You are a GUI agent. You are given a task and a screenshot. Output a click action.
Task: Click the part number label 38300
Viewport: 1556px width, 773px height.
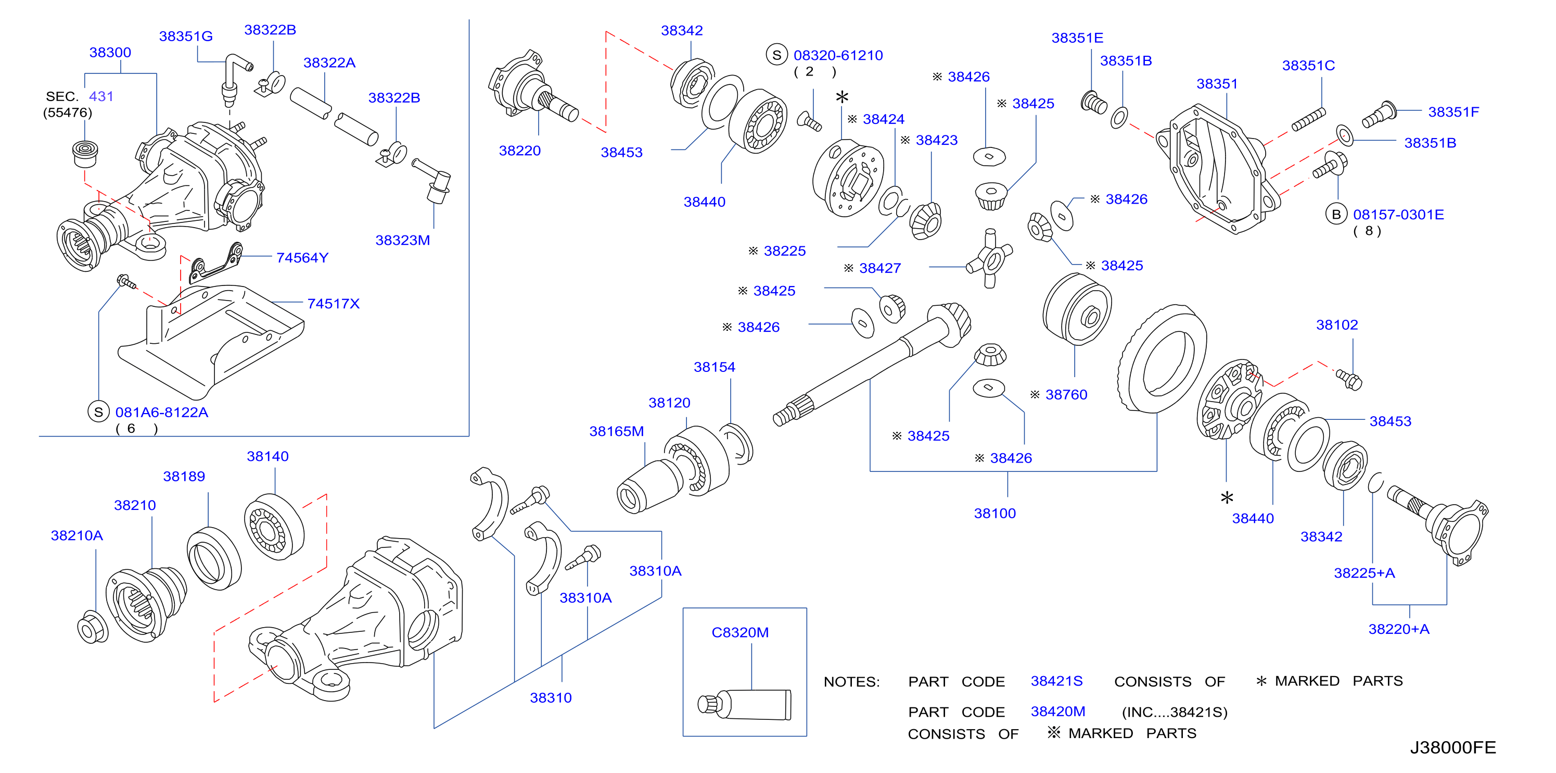click(x=110, y=53)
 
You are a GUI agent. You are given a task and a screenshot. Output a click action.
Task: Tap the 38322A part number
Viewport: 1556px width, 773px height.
click(x=329, y=63)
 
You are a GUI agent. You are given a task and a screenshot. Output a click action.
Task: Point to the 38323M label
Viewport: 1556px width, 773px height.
click(x=402, y=241)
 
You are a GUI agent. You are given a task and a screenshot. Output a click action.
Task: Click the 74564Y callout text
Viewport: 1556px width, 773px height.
click(x=302, y=258)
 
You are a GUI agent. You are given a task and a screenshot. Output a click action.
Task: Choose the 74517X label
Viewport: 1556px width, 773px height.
click(x=334, y=304)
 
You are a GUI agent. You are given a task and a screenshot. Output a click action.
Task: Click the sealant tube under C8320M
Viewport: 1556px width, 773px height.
click(x=744, y=705)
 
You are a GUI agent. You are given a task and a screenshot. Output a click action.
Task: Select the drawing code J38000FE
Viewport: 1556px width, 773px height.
click(x=1453, y=748)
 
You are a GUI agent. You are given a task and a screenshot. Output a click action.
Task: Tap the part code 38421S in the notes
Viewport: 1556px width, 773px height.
click(x=1056, y=681)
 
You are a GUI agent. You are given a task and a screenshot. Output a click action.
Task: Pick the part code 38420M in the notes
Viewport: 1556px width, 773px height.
click(x=1057, y=712)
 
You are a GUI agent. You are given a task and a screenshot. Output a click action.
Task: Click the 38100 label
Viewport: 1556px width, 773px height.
click(x=995, y=514)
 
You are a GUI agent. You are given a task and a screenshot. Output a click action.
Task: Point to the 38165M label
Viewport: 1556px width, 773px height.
click(x=616, y=431)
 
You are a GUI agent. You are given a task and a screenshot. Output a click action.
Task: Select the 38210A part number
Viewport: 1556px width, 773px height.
click(x=76, y=535)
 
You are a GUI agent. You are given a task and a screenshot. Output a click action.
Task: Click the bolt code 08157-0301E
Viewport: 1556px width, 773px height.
click(x=1398, y=215)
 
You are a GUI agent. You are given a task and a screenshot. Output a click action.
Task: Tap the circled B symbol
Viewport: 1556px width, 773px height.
click(x=1336, y=215)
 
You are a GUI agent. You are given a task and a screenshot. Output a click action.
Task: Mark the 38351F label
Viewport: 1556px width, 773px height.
click(x=1453, y=112)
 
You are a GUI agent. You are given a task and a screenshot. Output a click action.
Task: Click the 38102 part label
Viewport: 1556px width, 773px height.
click(x=1337, y=325)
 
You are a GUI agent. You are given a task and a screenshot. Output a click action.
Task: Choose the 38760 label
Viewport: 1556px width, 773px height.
click(x=1066, y=395)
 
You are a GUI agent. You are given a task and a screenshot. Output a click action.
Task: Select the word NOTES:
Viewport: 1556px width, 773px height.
click(x=852, y=682)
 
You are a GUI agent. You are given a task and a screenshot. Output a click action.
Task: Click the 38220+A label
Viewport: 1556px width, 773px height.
click(x=1399, y=629)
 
